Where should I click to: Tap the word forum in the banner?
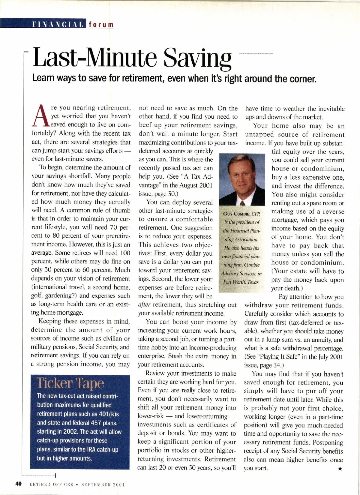101,24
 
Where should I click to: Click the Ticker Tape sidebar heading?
70,383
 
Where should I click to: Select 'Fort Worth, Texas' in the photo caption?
241,282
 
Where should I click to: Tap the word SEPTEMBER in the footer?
96,484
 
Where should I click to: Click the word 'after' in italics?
144,305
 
